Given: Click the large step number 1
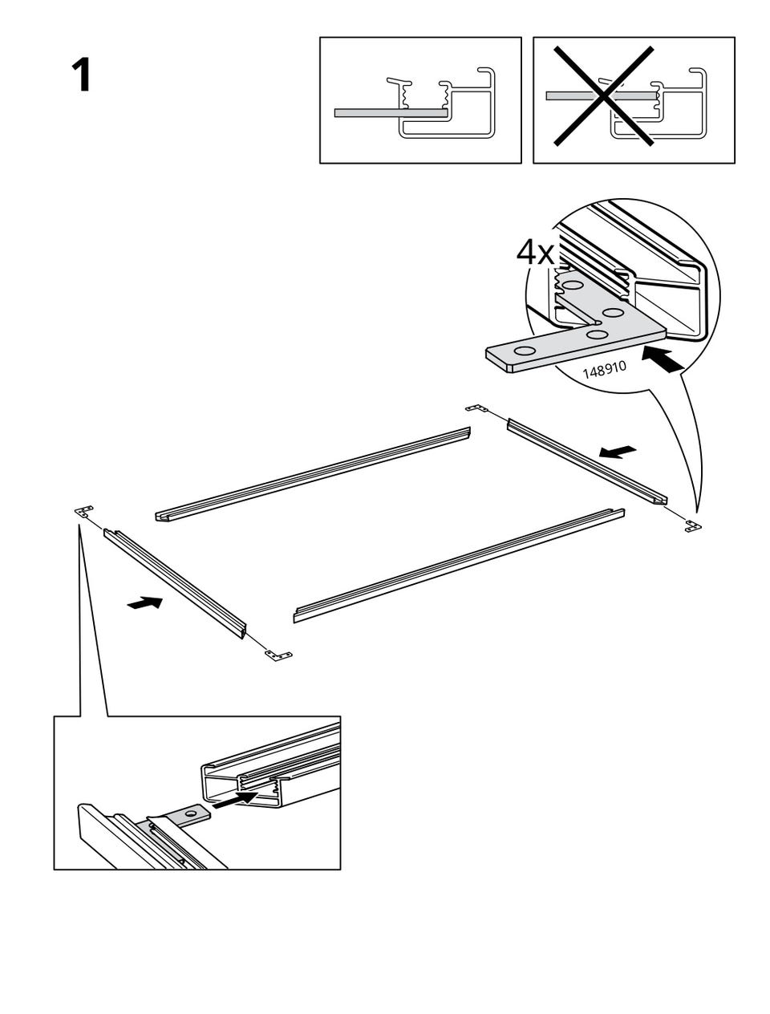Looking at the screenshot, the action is (x=82, y=75).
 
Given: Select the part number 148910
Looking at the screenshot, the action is (x=604, y=370).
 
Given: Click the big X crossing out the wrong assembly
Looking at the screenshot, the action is (x=604, y=96).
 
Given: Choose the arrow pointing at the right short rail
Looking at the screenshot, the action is (x=618, y=452).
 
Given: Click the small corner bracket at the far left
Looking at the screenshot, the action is (x=83, y=511).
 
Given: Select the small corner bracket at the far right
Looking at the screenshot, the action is (x=693, y=525).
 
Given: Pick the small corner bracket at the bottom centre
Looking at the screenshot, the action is (x=278, y=655).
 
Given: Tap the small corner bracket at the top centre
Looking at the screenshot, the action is (x=476, y=408).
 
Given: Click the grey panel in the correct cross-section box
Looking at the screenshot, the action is (x=391, y=113).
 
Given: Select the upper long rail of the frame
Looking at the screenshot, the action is (x=313, y=474).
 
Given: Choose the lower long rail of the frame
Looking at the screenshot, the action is (x=459, y=566).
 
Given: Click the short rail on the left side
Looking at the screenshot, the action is (x=175, y=584).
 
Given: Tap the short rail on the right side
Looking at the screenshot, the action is (x=587, y=461).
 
